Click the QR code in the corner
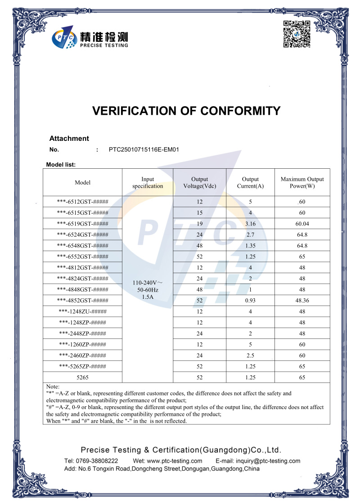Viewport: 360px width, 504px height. tap(297, 34)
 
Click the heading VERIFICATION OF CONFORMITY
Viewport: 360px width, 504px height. tap(186, 111)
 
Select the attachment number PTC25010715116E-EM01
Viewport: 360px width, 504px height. tap(144, 149)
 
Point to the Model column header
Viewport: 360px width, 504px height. tap(82, 182)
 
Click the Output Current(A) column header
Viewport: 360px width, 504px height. tap(250, 182)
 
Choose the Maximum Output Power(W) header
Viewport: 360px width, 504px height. tap(302, 182)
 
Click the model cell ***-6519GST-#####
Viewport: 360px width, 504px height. tap(82, 224)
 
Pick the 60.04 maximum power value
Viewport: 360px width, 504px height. tap(302, 224)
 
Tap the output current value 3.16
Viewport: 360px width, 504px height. tap(250, 224)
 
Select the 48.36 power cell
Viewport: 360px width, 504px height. tap(302, 301)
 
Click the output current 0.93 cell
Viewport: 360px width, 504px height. tap(250, 301)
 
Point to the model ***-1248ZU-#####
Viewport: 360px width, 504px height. tap(82, 311)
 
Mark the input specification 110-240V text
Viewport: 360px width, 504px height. tap(148, 283)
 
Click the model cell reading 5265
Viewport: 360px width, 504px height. tap(82, 378)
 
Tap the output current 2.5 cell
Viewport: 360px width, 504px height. tap(250, 355)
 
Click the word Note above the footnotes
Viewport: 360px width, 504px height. tap(53, 387)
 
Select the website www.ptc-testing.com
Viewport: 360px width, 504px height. tap(174, 461)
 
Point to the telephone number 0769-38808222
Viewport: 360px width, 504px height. tap(97, 461)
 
